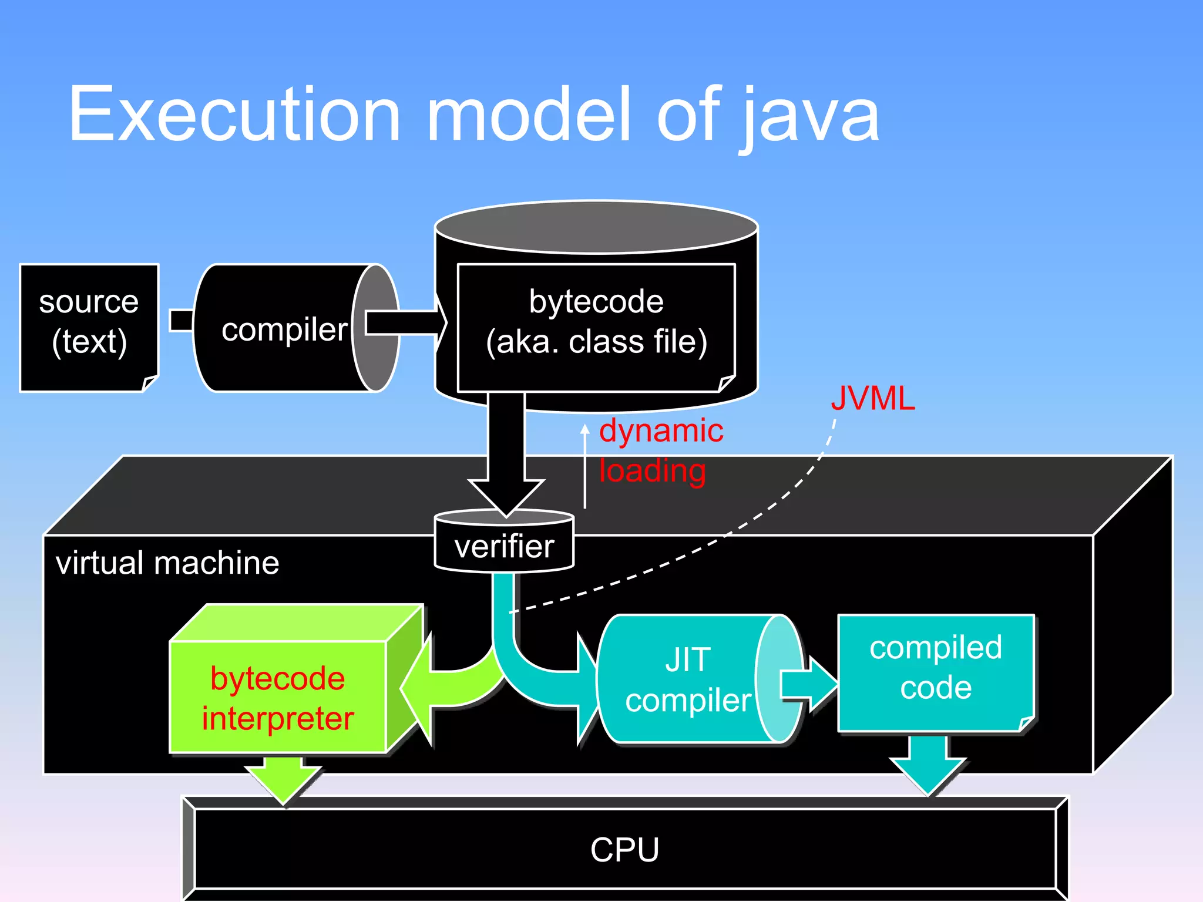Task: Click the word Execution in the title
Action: click(x=235, y=115)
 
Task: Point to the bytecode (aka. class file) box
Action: click(x=596, y=322)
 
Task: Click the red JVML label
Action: click(x=872, y=399)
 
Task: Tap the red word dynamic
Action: click(x=661, y=431)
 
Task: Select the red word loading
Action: click(x=652, y=471)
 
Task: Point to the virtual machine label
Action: click(x=167, y=563)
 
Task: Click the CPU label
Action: click(x=624, y=850)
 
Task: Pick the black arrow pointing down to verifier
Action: click(x=506, y=458)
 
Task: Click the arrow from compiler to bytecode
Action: click(x=405, y=322)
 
